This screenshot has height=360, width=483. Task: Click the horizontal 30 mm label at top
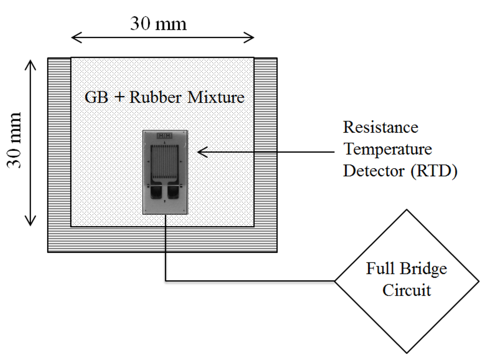click(x=158, y=23)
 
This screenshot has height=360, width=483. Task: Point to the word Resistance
click(x=380, y=128)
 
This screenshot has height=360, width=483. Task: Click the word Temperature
click(x=387, y=149)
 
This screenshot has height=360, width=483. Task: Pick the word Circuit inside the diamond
click(x=407, y=289)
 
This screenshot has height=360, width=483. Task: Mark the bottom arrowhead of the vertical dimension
click(x=30, y=221)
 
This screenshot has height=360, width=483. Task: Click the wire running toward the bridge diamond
click(x=250, y=281)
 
